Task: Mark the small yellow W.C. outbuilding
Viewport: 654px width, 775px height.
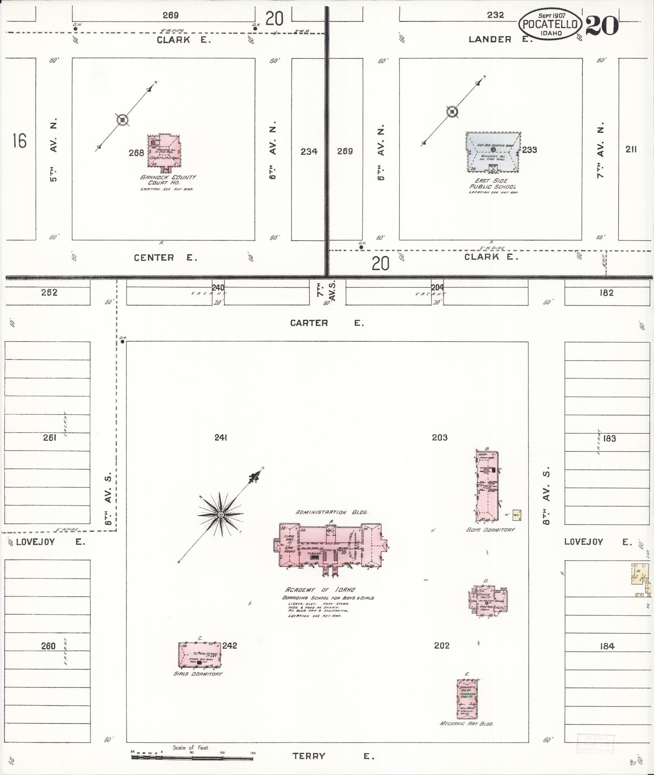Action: pos(517,515)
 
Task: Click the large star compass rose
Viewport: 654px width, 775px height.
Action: pos(221,515)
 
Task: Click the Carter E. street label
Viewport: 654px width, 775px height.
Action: pos(327,323)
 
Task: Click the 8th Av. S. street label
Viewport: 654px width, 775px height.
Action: pos(547,496)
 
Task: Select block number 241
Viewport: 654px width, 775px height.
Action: pos(221,438)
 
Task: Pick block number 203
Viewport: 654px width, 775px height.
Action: pos(440,438)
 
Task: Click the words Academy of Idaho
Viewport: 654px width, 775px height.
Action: pos(320,590)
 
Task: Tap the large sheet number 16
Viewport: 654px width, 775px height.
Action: pos(19,141)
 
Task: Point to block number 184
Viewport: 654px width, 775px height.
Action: pos(607,647)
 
